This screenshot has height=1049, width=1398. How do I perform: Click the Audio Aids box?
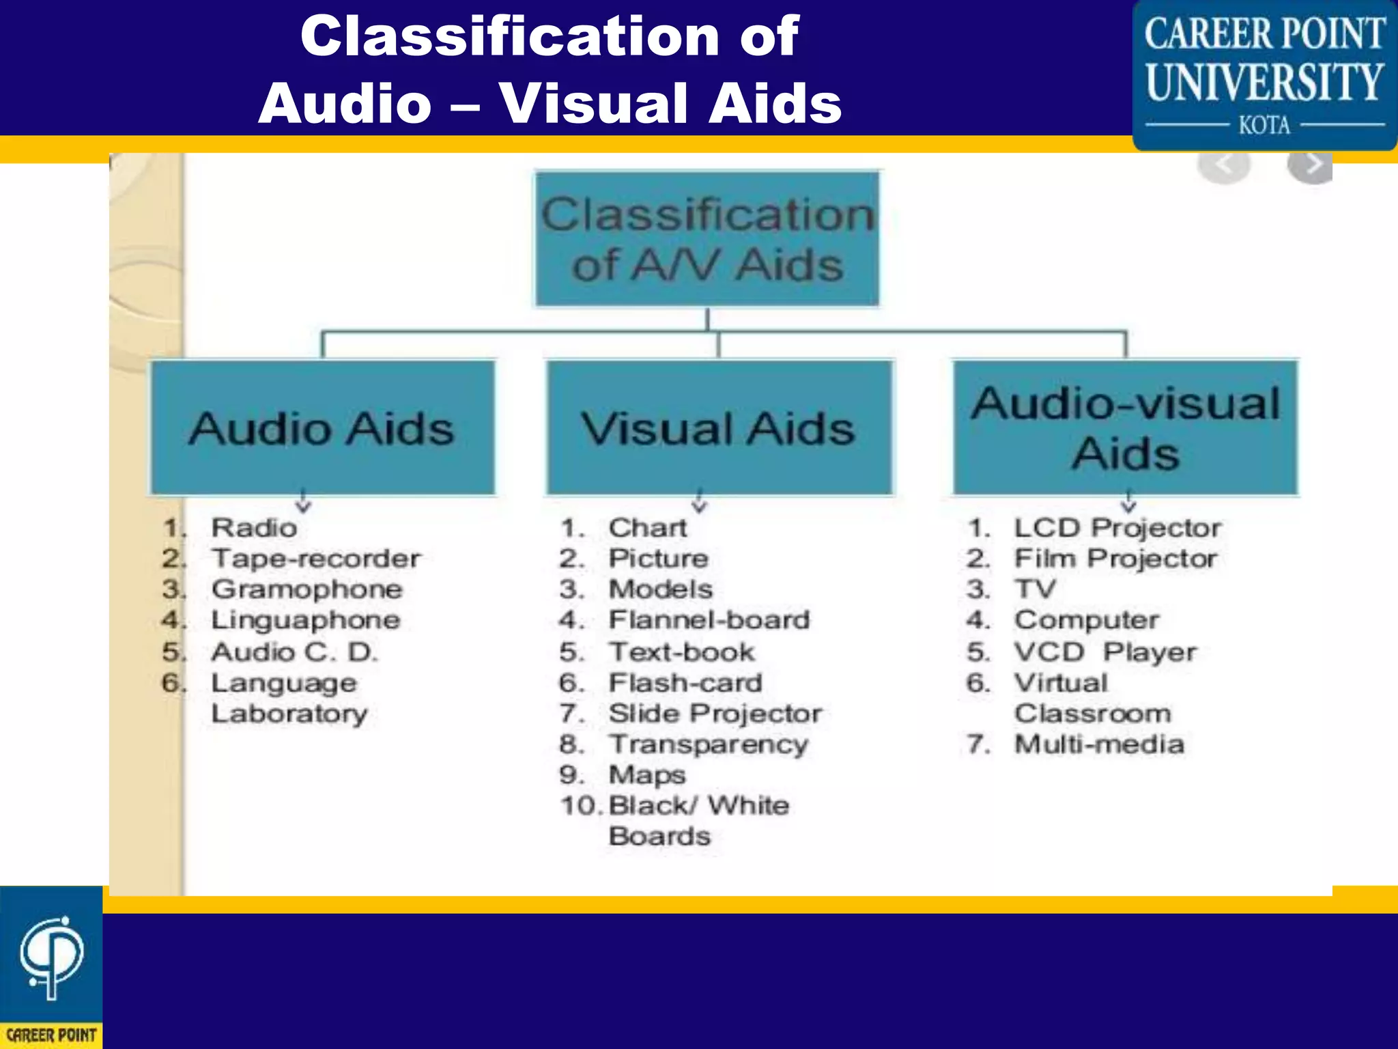322,428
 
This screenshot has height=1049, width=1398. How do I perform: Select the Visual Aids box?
719,428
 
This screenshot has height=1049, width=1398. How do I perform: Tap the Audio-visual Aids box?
1125,428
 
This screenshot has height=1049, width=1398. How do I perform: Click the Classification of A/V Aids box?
707,239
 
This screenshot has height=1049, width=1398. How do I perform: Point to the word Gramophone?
307,589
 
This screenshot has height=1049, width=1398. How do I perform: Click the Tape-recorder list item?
316,559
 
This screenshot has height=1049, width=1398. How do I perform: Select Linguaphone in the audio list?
306,620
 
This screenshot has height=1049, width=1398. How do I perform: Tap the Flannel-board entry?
709,620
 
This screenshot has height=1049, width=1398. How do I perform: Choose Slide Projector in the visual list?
715,714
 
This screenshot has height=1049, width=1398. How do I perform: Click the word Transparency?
709,744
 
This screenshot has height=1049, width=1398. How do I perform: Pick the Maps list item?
647,775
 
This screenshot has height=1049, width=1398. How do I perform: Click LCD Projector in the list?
1117,528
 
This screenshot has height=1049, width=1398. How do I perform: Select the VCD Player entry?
1105,652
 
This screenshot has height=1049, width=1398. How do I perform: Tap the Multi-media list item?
1099,744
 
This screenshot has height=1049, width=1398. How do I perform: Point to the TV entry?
1035,589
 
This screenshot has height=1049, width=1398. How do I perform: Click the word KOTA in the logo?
1264,126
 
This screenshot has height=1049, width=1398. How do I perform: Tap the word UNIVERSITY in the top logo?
1264,82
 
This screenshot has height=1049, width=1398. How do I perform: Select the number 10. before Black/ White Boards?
581,806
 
